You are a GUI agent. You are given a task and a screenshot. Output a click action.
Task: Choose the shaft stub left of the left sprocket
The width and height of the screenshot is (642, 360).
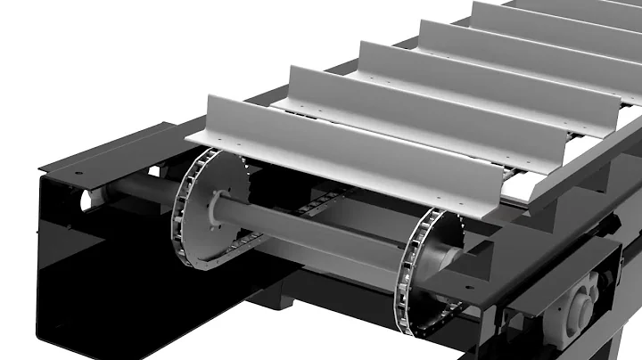(134, 191)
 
